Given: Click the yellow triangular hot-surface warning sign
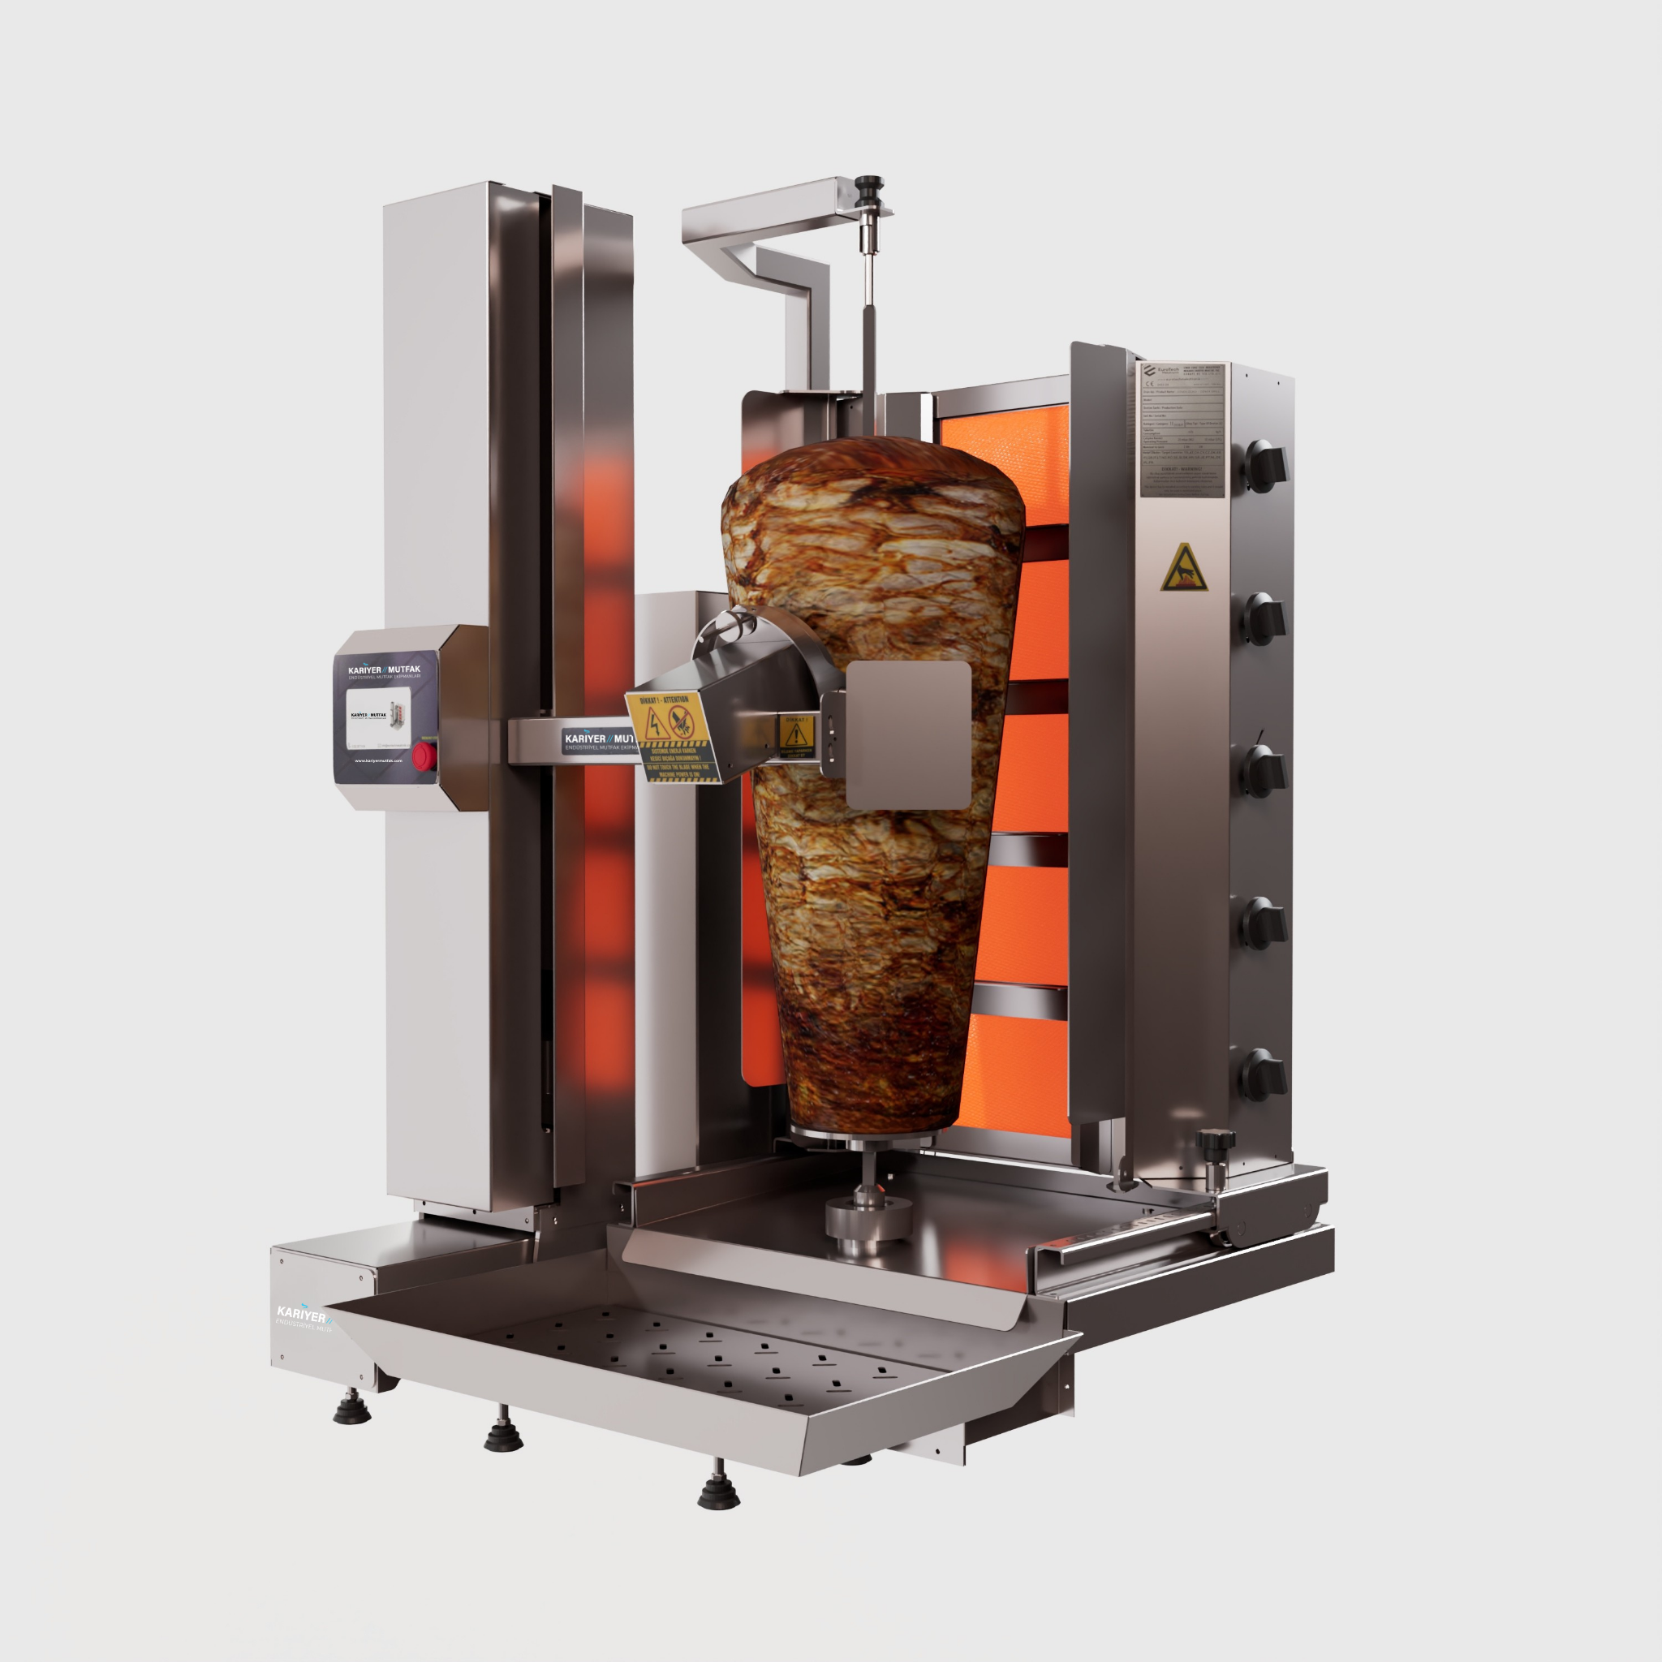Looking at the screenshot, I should pyautogui.click(x=1184, y=569).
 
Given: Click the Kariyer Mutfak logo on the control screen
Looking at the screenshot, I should pyautogui.click(x=385, y=670).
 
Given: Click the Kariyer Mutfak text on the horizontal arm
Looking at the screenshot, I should pyautogui.click(x=598, y=741).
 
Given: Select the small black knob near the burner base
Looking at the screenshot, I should pyautogui.click(x=1215, y=1142).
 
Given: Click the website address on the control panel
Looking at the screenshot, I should pyautogui.click(x=378, y=760).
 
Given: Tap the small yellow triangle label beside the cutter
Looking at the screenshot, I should pyautogui.click(x=798, y=734).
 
